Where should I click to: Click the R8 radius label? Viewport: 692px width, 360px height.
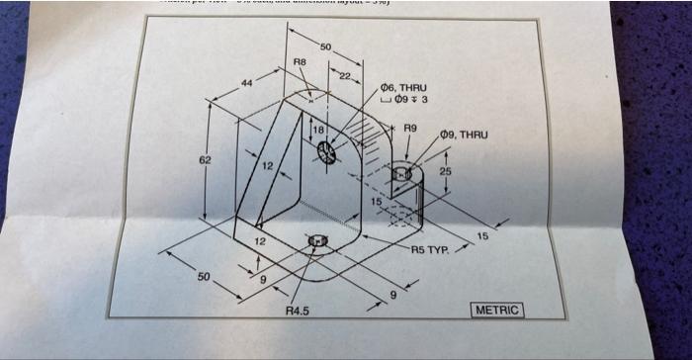301,62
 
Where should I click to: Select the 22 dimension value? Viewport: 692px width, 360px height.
345,76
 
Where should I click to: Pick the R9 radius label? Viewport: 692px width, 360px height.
411,129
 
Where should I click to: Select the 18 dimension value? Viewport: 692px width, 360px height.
318,131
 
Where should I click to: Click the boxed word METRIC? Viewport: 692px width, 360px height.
498,311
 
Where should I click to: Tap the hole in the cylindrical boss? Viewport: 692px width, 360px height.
401,174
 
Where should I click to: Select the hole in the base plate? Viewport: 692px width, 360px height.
317,240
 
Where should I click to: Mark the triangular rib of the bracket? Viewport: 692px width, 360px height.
276,168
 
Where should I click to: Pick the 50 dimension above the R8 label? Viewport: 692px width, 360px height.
325,46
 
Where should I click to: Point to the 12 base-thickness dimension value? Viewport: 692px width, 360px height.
260,241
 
